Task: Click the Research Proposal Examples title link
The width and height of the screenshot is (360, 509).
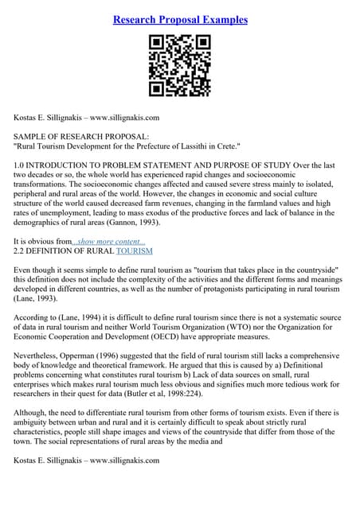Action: click(x=180, y=19)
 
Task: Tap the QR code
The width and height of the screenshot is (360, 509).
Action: click(x=180, y=66)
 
